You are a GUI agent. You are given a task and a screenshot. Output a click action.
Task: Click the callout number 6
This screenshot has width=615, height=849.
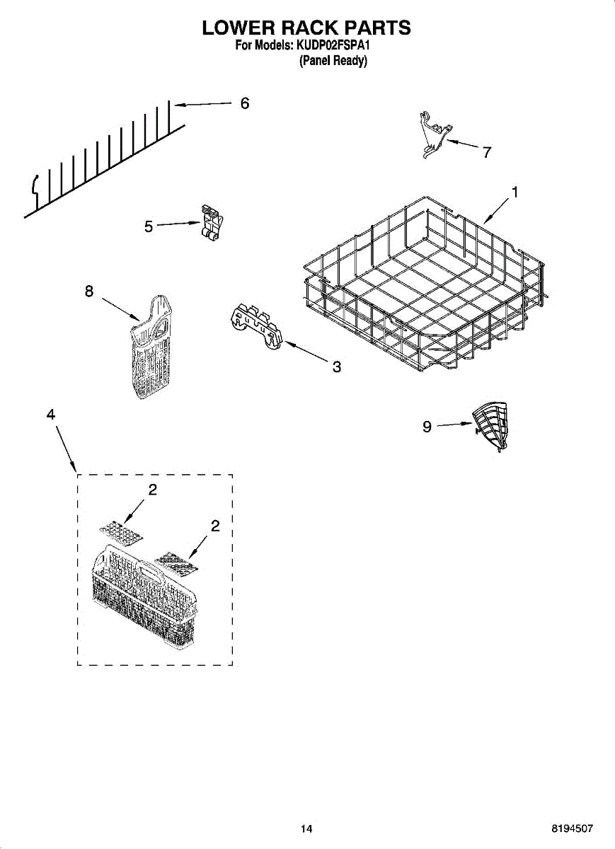click(x=244, y=103)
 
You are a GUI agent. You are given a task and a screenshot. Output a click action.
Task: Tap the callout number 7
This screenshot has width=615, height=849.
click(x=487, y=152)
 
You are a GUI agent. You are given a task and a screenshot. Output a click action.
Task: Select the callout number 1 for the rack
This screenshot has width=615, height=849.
click(x=515, y=192)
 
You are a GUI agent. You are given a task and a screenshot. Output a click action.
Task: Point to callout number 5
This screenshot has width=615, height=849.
click(x=149, y=226)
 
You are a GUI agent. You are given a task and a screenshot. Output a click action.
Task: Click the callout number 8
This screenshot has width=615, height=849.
click(x=89, y=291)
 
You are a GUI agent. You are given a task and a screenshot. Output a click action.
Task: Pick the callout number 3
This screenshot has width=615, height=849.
click(x=337, y=366)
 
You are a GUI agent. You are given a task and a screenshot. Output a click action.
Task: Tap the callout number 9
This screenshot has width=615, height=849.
click(x=427, y=427)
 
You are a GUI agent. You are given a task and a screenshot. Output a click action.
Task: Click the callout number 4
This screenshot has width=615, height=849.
click(x=51, y=415)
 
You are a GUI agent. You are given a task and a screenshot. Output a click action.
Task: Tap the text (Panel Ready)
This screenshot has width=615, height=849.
click(x=333, y=62)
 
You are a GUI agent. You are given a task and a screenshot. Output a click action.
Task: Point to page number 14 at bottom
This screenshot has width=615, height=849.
click(x=306, y=828)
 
